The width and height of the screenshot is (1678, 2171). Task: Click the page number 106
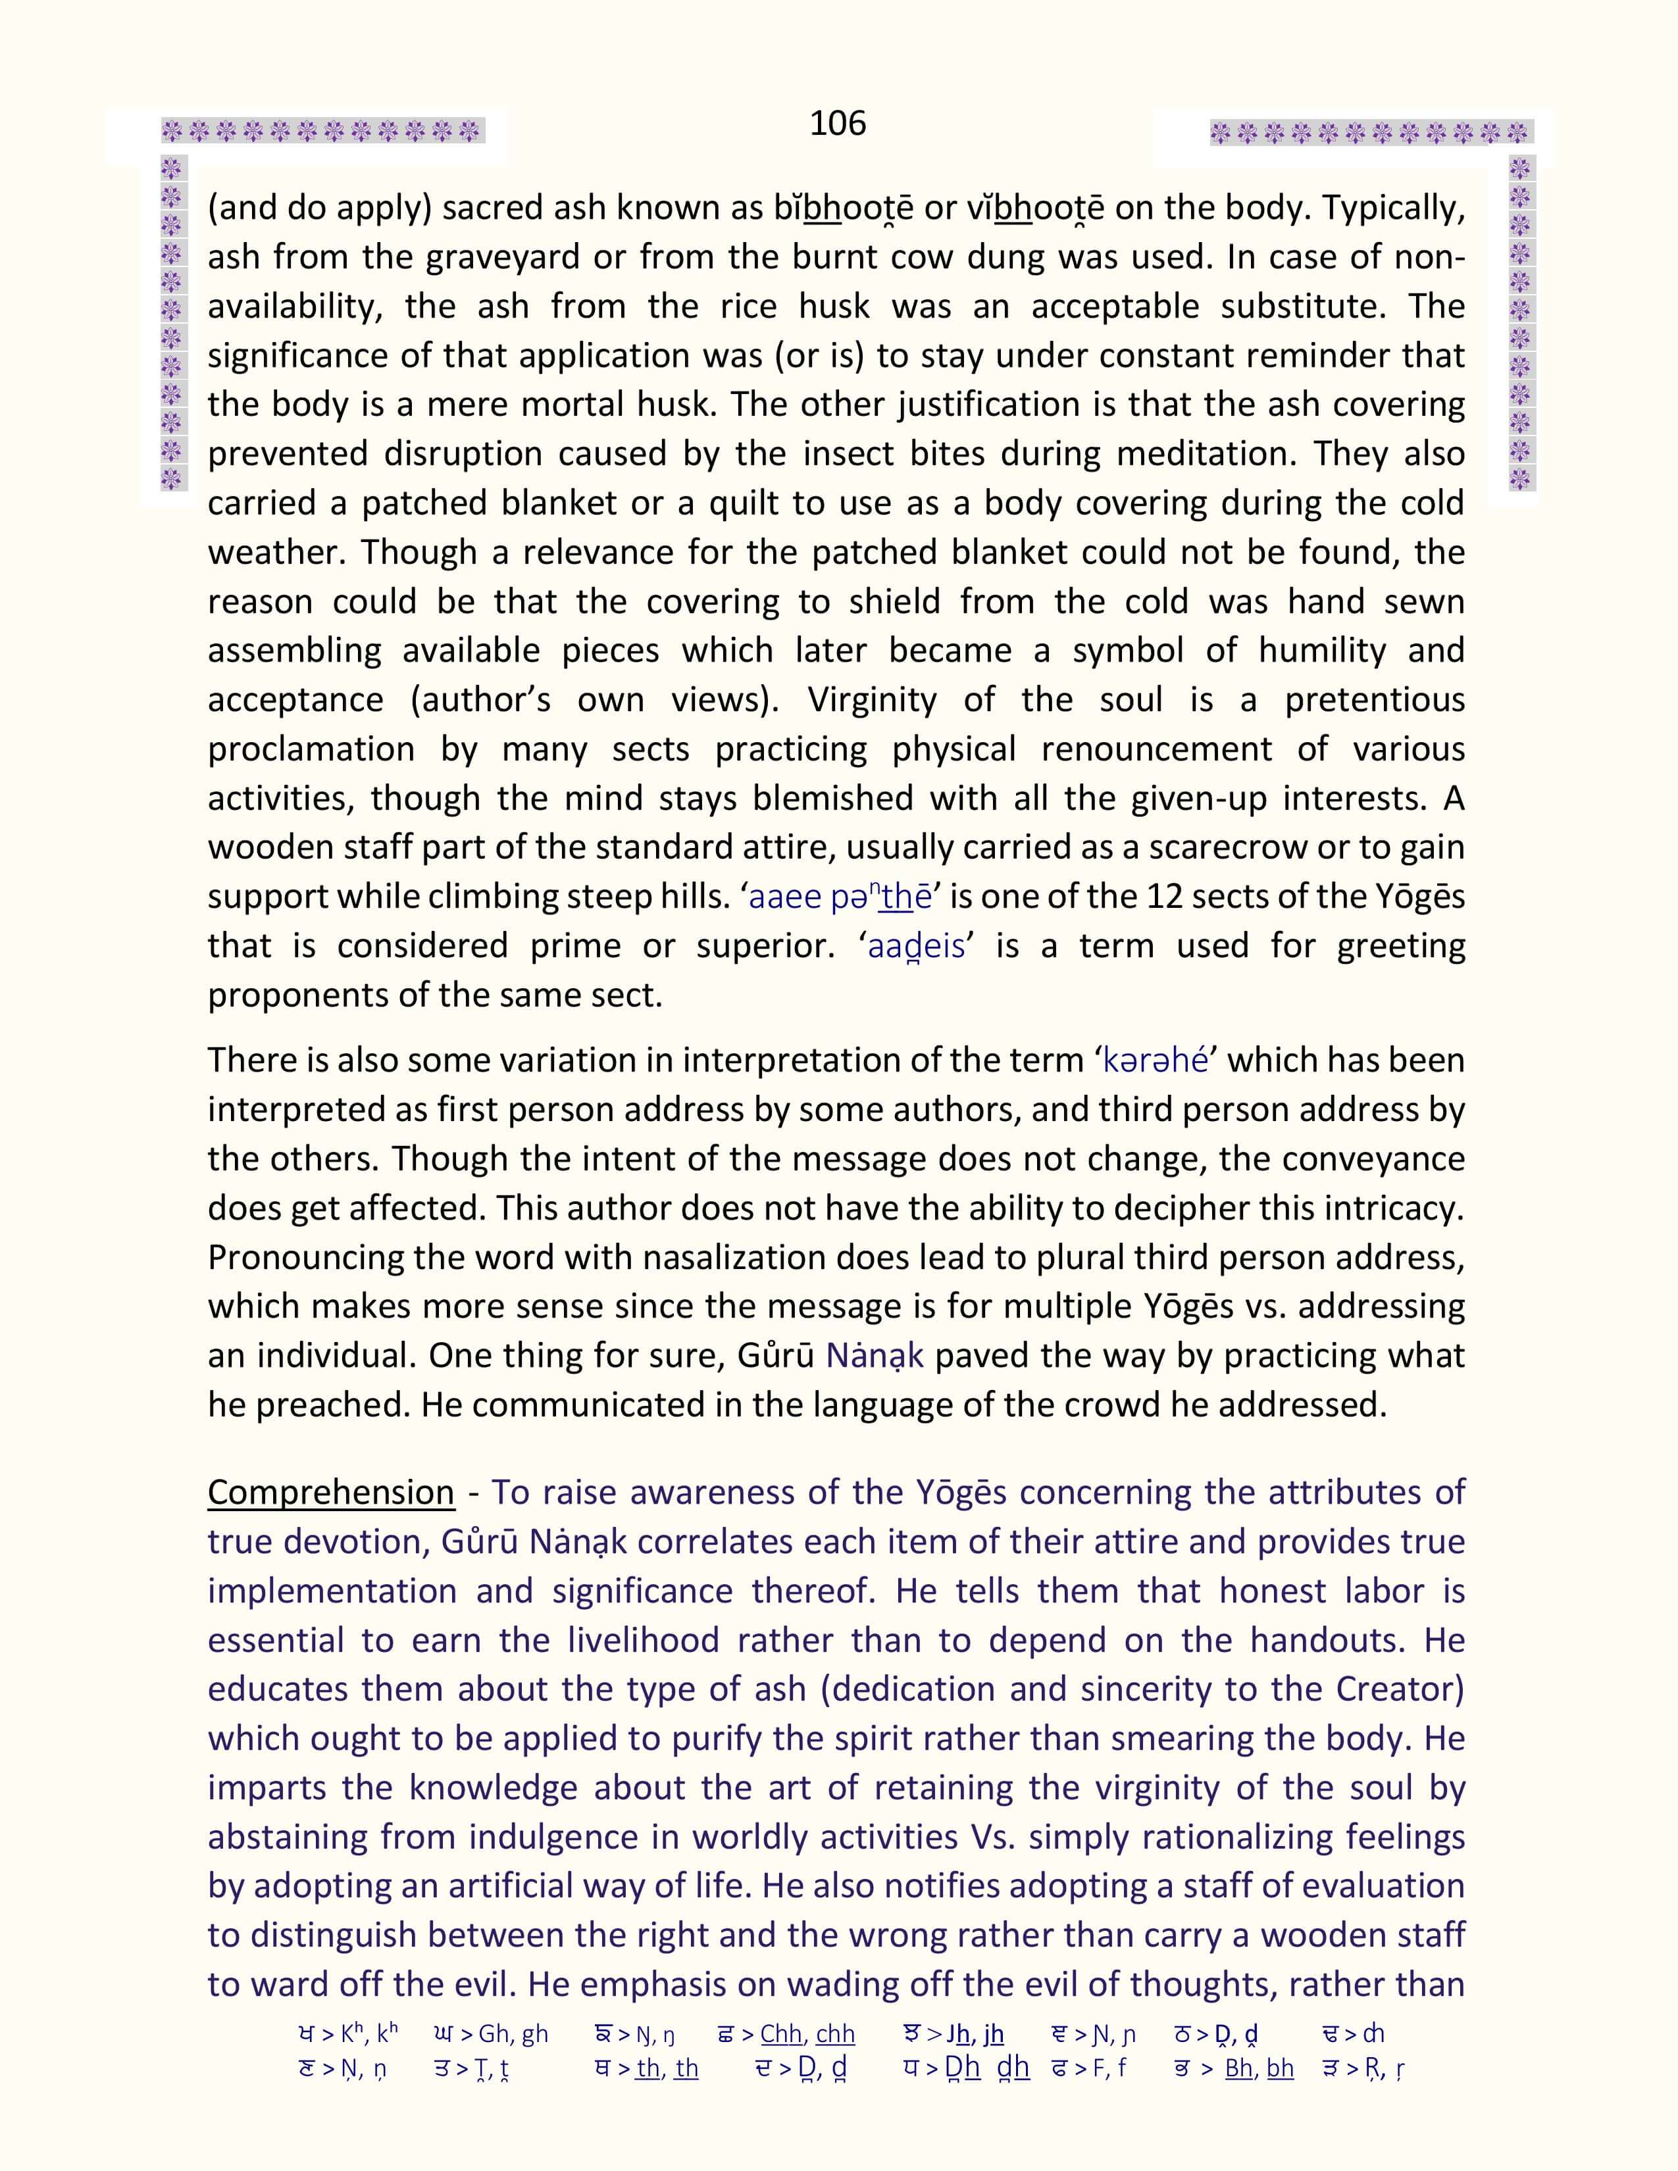click(x=837, y=123)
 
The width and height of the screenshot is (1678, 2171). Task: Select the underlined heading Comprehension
click(x=331, y=1492)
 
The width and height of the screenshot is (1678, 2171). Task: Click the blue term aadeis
click(x=915, y=945)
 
